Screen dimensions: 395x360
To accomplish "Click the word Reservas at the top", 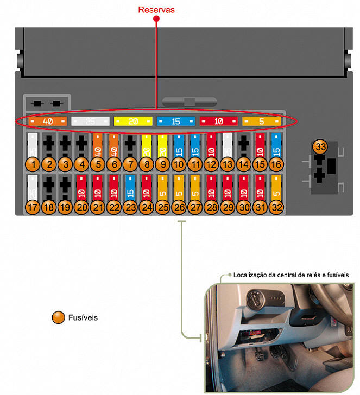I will click(x=156, y=9).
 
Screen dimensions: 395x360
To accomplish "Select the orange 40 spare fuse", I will click(x=47, y=121).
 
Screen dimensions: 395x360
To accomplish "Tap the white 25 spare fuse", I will click(x=91, y=121).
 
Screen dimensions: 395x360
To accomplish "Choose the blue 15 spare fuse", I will click(x=176, y=122).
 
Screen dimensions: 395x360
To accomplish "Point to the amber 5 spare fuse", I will click(x=261, y=122).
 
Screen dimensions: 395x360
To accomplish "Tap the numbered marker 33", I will click(x=321, y=148).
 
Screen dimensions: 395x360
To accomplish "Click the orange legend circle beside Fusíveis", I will click(x=58, y=317).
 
